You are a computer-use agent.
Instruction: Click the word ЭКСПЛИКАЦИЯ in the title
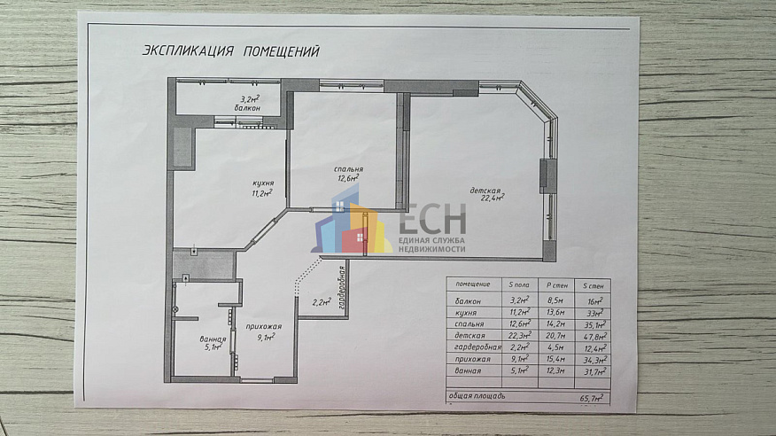(187, 51)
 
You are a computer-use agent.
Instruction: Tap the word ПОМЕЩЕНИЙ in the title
(281, 51)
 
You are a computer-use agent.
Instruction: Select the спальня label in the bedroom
(348, 168)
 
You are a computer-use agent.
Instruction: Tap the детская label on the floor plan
(486, 190)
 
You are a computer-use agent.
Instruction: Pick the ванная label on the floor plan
(213, 338)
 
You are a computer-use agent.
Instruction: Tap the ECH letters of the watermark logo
(432, 219)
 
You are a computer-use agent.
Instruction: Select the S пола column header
(517, 284)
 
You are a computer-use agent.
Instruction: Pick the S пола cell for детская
(518, 336)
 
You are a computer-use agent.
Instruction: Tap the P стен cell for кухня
(556, 313)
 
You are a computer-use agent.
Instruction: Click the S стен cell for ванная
(593, 370)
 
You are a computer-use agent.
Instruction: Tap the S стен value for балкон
(593, 301)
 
